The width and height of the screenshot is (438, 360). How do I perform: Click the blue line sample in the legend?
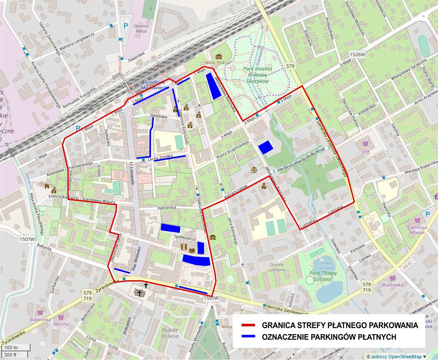click(249, 337)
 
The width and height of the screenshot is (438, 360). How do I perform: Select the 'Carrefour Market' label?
click(417, 229)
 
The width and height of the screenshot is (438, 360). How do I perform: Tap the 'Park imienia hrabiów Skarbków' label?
click(257, 75)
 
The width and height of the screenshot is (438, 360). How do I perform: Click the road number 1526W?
click(357, 55)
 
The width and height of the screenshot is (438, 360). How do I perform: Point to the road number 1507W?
click(27, 238)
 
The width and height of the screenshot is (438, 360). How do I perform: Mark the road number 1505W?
click(212, 298)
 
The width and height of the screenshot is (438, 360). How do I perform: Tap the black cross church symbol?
click(146, 285)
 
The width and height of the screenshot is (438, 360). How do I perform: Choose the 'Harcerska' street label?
click(168, 207)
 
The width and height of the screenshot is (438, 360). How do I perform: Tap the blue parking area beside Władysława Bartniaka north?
click(213, 86)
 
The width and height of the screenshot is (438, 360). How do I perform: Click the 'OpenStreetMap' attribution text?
click(405, 356)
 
